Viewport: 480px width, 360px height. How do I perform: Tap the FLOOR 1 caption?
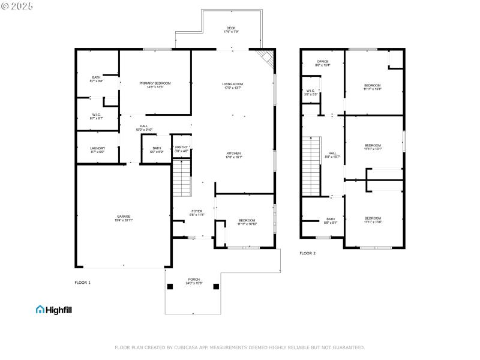[x=82, y=282]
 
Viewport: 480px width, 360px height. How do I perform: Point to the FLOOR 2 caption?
[x=307, y=253]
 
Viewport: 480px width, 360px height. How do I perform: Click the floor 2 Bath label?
[x=331, y=220]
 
